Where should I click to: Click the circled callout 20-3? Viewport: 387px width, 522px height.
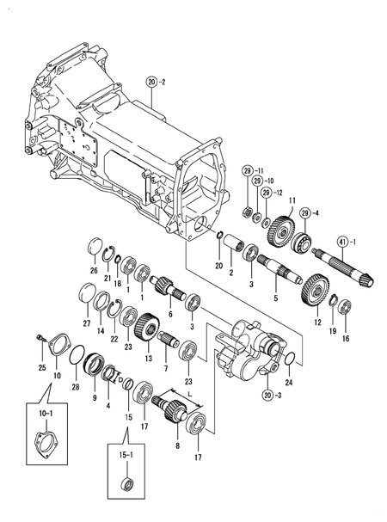[x=271, y=395]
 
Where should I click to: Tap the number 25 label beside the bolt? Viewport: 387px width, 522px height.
[x=41, y=368]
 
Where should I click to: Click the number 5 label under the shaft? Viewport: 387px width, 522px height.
[x=275, y=298]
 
